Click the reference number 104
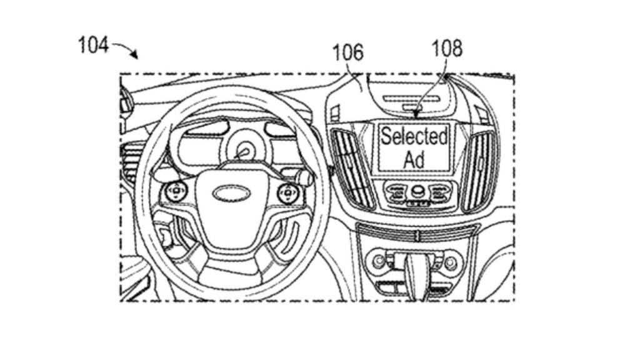93,45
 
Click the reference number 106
347,52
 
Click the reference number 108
447,48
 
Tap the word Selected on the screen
414,136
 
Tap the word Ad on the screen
414,159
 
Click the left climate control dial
378,262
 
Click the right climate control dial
451,262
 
